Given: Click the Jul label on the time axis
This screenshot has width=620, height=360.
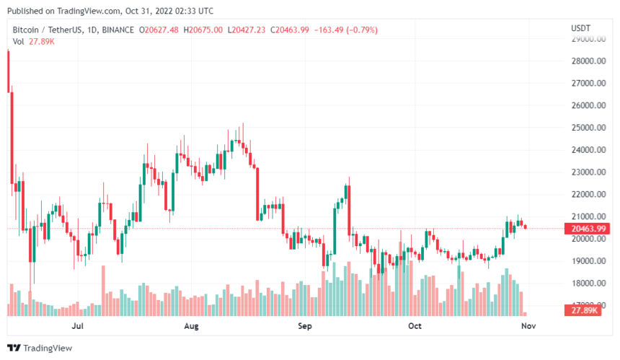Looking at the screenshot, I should point(79,326).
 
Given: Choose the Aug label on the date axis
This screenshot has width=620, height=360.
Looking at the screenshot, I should point(191,326).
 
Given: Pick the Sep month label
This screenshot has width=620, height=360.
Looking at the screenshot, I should point(304,326).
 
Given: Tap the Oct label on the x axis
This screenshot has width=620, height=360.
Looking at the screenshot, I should point(414,326).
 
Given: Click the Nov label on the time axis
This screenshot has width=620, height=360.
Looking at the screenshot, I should point(529,326).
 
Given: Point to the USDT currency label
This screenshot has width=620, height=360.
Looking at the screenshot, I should point(580,28).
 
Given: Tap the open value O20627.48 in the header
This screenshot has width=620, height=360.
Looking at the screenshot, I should point(161,30).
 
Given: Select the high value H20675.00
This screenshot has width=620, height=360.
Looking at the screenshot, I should point(203,30).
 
